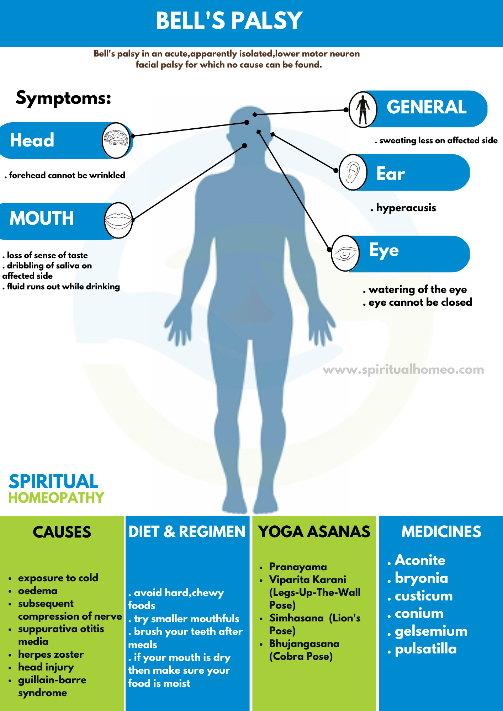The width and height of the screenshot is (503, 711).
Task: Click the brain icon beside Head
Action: click(x=116, y=140)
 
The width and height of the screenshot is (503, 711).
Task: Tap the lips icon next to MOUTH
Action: click(x=118, y=220)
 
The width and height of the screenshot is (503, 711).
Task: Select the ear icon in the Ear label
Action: click(x=353, y=172)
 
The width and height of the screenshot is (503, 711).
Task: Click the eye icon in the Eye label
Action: click(x=345, y=253)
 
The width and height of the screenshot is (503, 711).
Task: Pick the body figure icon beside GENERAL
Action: click(x=362, y=109)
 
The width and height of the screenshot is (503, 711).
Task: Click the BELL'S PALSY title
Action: click(x=229, y=21)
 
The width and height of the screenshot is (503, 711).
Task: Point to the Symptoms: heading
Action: click(x=64, y=98)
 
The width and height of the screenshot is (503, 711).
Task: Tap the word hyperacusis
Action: click(x=406, y=208)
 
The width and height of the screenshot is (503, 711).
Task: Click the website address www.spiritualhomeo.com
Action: click(x=403, y=370)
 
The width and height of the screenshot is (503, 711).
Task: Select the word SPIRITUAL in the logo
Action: click(x=53, y=482)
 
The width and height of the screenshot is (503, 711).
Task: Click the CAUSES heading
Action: click(x=62, y=532)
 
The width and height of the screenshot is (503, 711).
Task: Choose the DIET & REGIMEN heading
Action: click(x=187, y=532)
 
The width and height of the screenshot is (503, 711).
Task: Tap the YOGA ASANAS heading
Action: click(x=314, y=532)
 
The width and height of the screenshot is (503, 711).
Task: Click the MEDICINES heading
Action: click(x=441, y=532)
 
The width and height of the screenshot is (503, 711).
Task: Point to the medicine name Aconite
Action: click(x=420, y=560)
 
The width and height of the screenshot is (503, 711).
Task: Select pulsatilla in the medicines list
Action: click(x=426, y=649)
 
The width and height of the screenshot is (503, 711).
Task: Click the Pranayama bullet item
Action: click(x=298, y=567)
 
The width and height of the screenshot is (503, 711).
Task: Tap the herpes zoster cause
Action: click(x=51, y=654)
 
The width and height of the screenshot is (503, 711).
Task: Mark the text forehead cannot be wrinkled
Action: click(x=67, y=175)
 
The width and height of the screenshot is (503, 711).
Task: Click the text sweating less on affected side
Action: click(x=438, y=140)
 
